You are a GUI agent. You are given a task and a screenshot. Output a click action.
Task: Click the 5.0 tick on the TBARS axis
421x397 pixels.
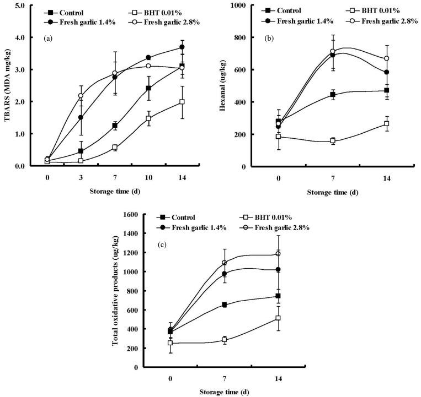[23, 6]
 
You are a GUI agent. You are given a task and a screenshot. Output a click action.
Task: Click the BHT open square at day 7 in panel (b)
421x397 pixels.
[333, 141]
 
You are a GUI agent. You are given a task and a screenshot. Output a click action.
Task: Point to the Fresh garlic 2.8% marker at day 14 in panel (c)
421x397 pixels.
[278, 254]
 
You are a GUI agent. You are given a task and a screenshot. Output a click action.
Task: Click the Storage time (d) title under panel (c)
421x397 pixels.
[224, 391]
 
